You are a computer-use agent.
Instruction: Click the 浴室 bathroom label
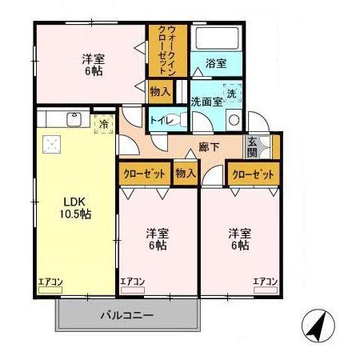point(214,63)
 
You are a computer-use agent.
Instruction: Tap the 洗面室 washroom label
point(206,102)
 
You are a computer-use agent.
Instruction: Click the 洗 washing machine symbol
point(231,93)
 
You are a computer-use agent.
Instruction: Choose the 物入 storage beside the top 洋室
point(160,92)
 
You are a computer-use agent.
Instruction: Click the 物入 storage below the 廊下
point(186,172)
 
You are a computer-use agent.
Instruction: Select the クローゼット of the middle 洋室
point(144,173)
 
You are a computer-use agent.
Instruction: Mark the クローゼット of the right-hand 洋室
point(253,173)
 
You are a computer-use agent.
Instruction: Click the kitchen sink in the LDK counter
point(74,120)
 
